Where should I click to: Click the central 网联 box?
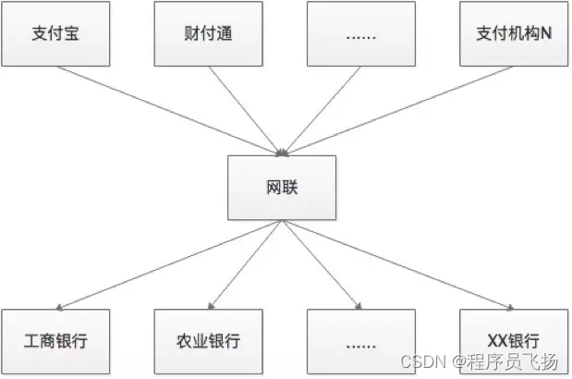coord(282,188)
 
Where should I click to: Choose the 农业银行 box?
coord(208,340)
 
